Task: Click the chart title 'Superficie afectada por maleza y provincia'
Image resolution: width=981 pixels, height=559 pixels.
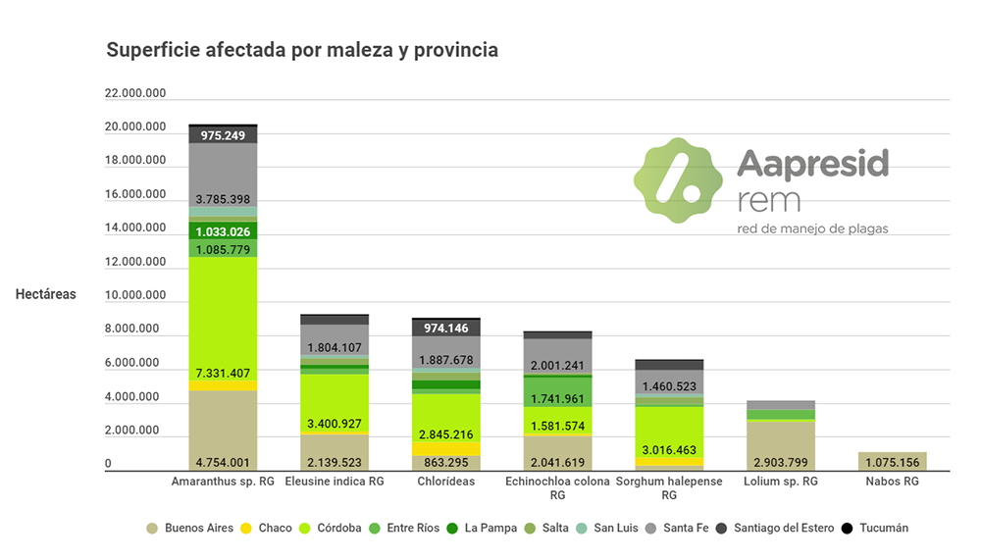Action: click(x=302, y=50)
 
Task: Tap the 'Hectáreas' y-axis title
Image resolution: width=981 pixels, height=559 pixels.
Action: click(x=45, y=294)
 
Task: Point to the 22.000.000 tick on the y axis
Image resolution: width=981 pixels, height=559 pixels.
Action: click(x=135, y=94)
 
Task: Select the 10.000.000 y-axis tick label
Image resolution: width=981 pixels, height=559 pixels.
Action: click(x=135, y=296)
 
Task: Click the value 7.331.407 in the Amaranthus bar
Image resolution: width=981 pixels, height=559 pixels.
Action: click(x=223, y=374)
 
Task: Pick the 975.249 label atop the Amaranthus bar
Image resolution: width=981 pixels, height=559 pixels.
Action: click(x=223, y=135)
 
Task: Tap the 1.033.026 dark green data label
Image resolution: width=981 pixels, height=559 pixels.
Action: click(x=223, y=232)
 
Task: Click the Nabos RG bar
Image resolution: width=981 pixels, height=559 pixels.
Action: click(x=892, y=461)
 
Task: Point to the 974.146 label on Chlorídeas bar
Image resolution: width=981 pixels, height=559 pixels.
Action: click(x=445, y=329)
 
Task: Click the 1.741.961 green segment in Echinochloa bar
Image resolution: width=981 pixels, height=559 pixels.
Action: click(x=557, y=399)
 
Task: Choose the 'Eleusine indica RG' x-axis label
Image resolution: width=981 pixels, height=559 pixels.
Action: click(x=335, y=482)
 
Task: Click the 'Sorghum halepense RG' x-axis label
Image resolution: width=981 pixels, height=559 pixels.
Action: click(x=669, y=487)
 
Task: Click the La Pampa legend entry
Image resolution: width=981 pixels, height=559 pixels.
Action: click(x=483, y=529)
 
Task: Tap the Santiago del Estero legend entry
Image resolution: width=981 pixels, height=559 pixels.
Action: click(x=775, y=529)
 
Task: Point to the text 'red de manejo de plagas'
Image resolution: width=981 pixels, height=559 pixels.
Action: click(x=812, y=229)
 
